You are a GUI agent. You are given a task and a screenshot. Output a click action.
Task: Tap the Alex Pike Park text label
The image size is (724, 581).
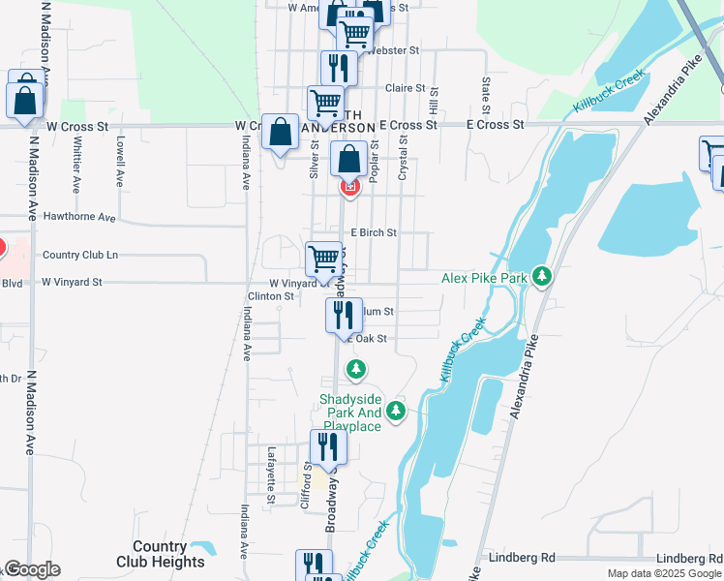[484, 278]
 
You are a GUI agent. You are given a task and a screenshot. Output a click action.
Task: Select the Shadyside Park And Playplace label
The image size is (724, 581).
[352, 413]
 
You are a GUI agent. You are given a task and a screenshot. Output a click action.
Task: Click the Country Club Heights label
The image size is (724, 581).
[161, 554]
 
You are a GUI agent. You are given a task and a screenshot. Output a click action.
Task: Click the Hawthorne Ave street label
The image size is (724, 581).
[79, 217]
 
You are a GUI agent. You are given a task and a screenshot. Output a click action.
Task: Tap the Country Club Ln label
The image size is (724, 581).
[80, 255]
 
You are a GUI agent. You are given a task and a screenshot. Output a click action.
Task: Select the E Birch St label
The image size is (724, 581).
[374, 232]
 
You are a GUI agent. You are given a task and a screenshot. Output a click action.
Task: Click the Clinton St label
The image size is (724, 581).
[269, 296]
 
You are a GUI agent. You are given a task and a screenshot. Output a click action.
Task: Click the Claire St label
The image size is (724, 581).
[407, 87]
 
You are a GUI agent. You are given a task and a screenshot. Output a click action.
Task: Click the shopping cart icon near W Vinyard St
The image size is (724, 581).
[324, 259]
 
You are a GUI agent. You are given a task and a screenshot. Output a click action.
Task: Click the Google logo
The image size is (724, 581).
[32, 569]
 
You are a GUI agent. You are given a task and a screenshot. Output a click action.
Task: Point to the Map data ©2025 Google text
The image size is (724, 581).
[664, 573]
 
